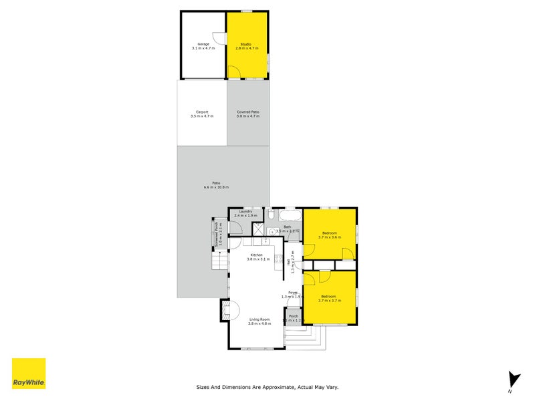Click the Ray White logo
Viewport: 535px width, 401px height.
pyautogui.click(x=29, y=374)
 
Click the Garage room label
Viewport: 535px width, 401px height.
pyautogui.click(x=203, y=46)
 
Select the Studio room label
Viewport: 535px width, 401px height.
pyautogui.click(x=246, y=46)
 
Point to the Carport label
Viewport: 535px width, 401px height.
pyautogui.click(x=202, y=114)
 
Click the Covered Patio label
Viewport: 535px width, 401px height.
pyautogui.click(x=247, y=114)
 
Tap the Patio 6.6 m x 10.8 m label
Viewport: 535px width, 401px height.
pyautogui.click(x=216, y=184)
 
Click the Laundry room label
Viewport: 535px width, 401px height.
pyautogui.click(x=245, y=213)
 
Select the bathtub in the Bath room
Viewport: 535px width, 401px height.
pyautogui.click(x=289, y=217)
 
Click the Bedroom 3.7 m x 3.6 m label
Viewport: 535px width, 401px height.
pyautogui.click(x=330, y=235)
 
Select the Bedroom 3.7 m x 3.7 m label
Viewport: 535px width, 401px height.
pyautogui.click(x=330, y=298)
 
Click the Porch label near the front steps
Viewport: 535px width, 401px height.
pyautogui.click(x=292, y=317)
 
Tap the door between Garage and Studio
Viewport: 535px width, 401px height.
pyautogui.click(x=218, y=37)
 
